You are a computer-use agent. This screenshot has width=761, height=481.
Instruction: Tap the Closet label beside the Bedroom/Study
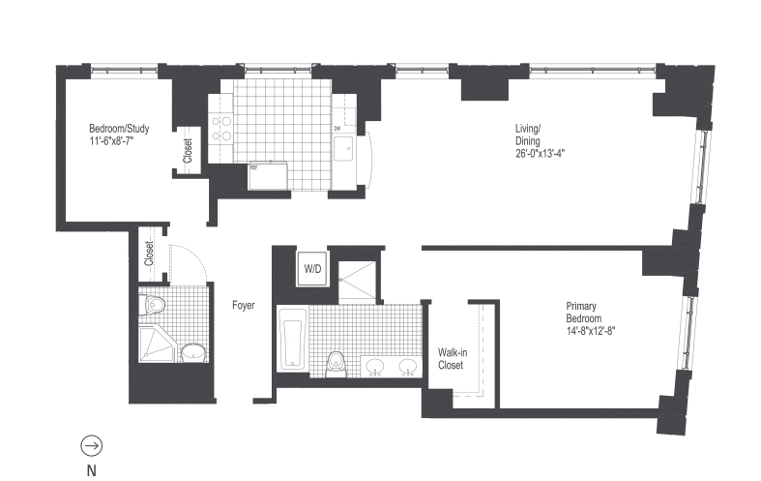pos(188,152)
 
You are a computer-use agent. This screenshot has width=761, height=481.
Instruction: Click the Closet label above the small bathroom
pos(149,253)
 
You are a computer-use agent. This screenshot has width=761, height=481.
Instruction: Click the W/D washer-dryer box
pos(313,268)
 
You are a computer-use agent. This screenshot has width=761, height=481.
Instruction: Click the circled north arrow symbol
pos(92,445)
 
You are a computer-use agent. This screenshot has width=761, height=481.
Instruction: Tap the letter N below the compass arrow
pos(92,471)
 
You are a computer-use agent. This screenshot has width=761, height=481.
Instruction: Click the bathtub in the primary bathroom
pos(291,339)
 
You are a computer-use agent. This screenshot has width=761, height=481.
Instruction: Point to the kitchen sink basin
pos(345,148)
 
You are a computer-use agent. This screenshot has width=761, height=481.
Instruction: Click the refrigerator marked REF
pos(269,177)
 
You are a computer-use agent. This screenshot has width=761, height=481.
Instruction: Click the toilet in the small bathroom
pos(154,306)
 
